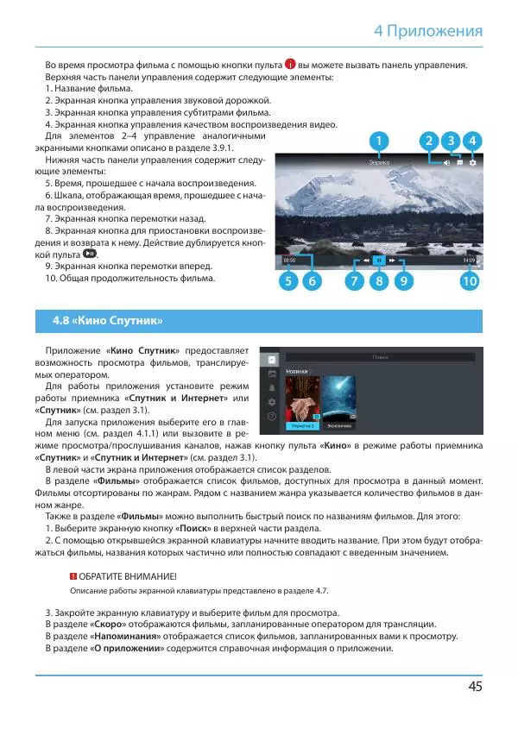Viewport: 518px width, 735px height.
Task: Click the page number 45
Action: point(474,687)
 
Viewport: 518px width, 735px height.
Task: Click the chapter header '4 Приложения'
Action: point(428,32)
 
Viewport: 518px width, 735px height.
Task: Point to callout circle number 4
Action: point(472,141)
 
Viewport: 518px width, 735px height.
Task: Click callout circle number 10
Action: point(470,281)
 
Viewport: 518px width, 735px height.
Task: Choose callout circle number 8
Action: point(378,281)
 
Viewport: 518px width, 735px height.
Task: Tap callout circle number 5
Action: point(289,281)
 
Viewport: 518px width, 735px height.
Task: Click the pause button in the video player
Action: point(378,259)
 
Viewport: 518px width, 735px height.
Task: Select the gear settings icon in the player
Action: point(473,162)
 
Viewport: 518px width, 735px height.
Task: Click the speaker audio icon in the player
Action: point(446,162)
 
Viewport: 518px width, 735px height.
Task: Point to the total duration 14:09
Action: point(469,259)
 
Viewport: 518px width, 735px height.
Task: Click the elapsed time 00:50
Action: point(290,259)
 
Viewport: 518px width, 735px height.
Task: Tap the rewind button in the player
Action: point(366,259)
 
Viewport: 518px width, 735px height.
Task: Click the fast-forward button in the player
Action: point(391,259)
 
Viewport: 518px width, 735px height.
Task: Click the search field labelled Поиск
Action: point(380,356)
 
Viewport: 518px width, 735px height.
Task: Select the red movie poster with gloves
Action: point(302,399)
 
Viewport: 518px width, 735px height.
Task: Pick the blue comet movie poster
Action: point(339,399)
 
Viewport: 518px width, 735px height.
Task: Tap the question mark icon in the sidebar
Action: point(272,417)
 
